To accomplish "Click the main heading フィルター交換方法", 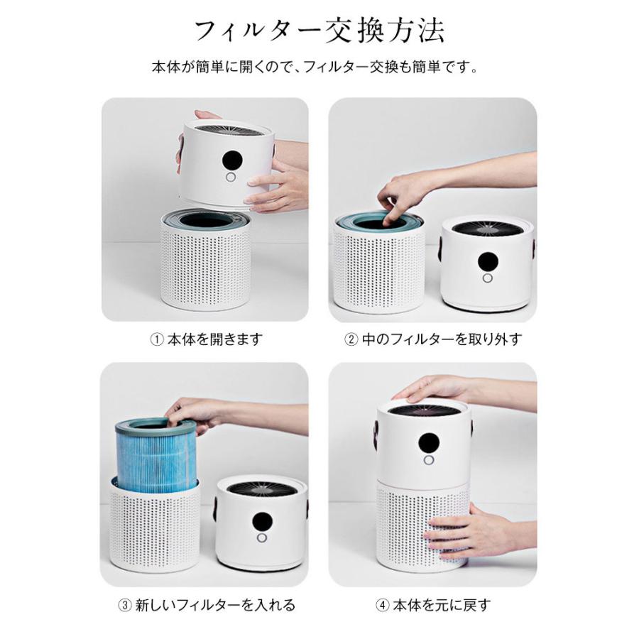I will tap(319, 31).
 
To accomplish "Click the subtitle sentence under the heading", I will tap(319, 68).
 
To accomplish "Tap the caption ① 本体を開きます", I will tap(206, 339).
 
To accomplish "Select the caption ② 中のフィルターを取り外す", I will tap(432, 339).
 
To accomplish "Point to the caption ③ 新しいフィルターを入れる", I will tap(206, 606).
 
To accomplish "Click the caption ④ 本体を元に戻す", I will tap(432, 606).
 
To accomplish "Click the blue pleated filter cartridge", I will tap(155, 451).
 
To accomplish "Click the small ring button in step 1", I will tap(231, 178).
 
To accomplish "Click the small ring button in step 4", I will tap(428, 460).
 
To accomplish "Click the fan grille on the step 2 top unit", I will tap(486, 229).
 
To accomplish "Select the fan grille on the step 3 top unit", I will tap(261, 488).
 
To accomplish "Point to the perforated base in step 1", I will tap(206, 266).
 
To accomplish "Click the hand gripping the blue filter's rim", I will tap(195, 412).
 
